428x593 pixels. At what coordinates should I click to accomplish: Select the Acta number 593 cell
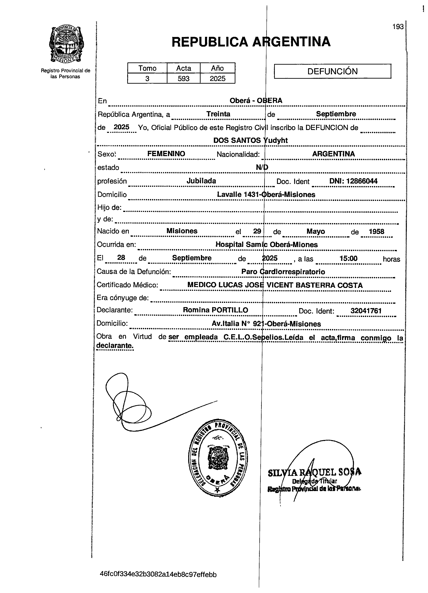click(x=183, y=78)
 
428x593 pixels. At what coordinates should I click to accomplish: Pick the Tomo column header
click(x=147, y=68)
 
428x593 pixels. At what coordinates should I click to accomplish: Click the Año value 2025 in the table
click(x=218, y=78)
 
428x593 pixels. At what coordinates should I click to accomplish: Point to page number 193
click(x=398, y=27)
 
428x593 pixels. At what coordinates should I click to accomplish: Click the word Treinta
click(x=218, y=114)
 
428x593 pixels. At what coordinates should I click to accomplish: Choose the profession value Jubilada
click(x=201, y=181)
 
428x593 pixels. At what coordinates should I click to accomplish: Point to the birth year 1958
click(x=376, y=231)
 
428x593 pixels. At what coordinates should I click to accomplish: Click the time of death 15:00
click(x=348, y=258)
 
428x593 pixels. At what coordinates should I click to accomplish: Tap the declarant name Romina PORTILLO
click(x=215, y=310)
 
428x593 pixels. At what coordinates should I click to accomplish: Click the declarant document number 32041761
click(x=366, y=311)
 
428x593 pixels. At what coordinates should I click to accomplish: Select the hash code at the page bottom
click(x=158, y=575)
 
